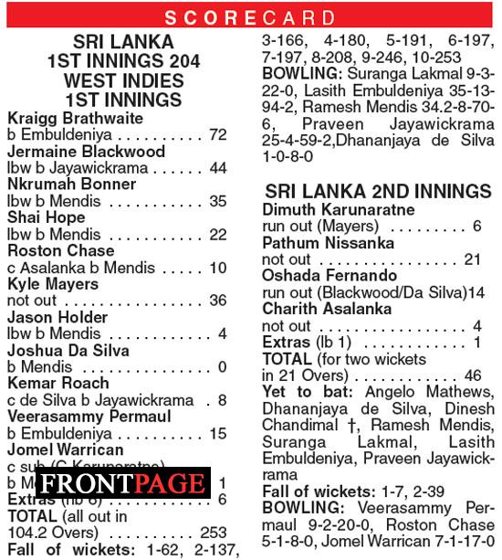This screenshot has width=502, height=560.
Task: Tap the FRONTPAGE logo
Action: pyautogui.click(x=121, y=483)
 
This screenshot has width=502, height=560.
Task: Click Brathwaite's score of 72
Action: pyautogui.click(x=217, y=135)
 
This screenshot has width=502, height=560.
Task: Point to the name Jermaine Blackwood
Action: pyautogui.click(x=86, y=152)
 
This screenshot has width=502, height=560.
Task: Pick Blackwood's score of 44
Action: pyautogui.click(x=217, y=168)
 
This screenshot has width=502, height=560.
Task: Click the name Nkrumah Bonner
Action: pyautogui.click(x=71, y=185)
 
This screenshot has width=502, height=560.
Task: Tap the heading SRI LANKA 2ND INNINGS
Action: pyautogui.click(x=378, y=192)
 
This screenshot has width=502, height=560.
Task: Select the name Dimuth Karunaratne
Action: pyautogui.click(x=340, y=210)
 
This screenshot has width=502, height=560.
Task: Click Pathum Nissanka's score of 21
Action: pyautogui.click(x=472, y=260)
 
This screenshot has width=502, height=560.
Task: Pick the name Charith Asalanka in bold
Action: pyautogui.click(x=327, y=310)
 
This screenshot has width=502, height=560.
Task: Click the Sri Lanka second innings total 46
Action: pyautogui.click(x=472, y=375)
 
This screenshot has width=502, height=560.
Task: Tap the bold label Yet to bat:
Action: pyautogui.click(x=299, y=393)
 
